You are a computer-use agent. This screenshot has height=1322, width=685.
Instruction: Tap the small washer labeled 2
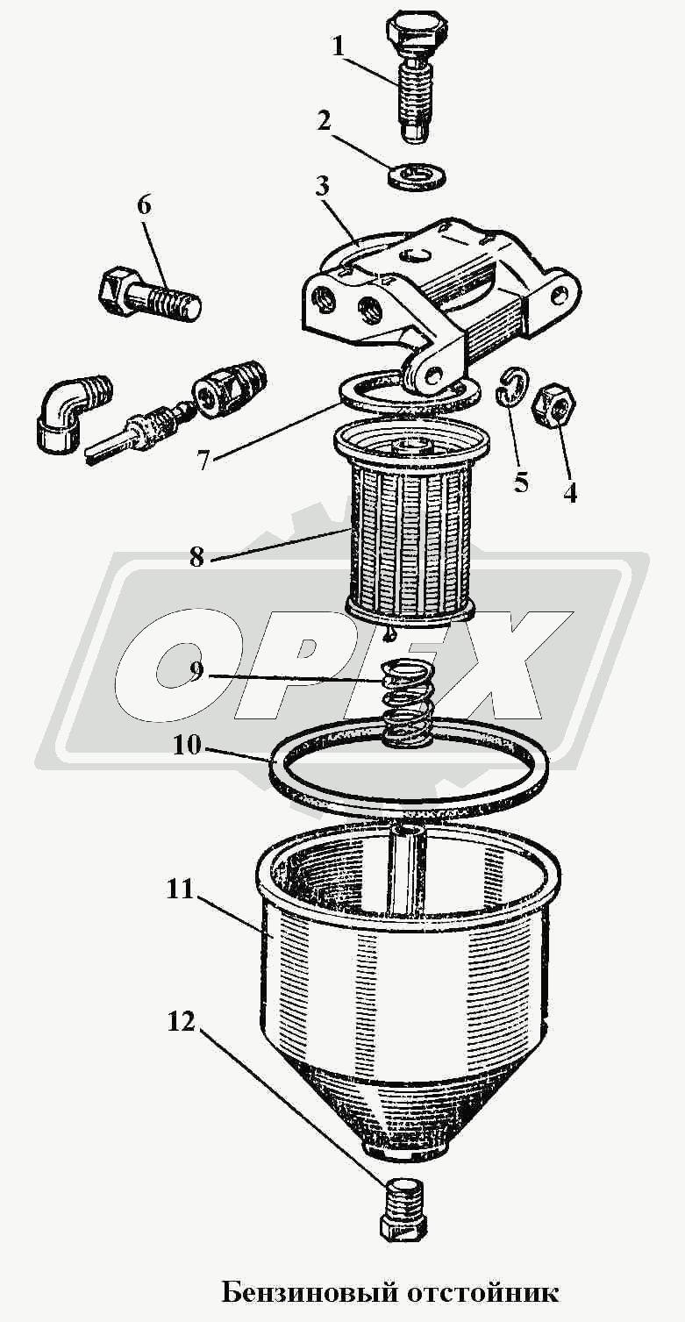[x=417, y=175]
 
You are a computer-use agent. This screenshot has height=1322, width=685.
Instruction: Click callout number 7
[x=204, y=460]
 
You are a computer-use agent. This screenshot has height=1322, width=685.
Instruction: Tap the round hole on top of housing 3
[x=412, y=255]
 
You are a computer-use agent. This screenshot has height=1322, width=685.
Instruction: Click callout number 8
[x=196, y=556]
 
